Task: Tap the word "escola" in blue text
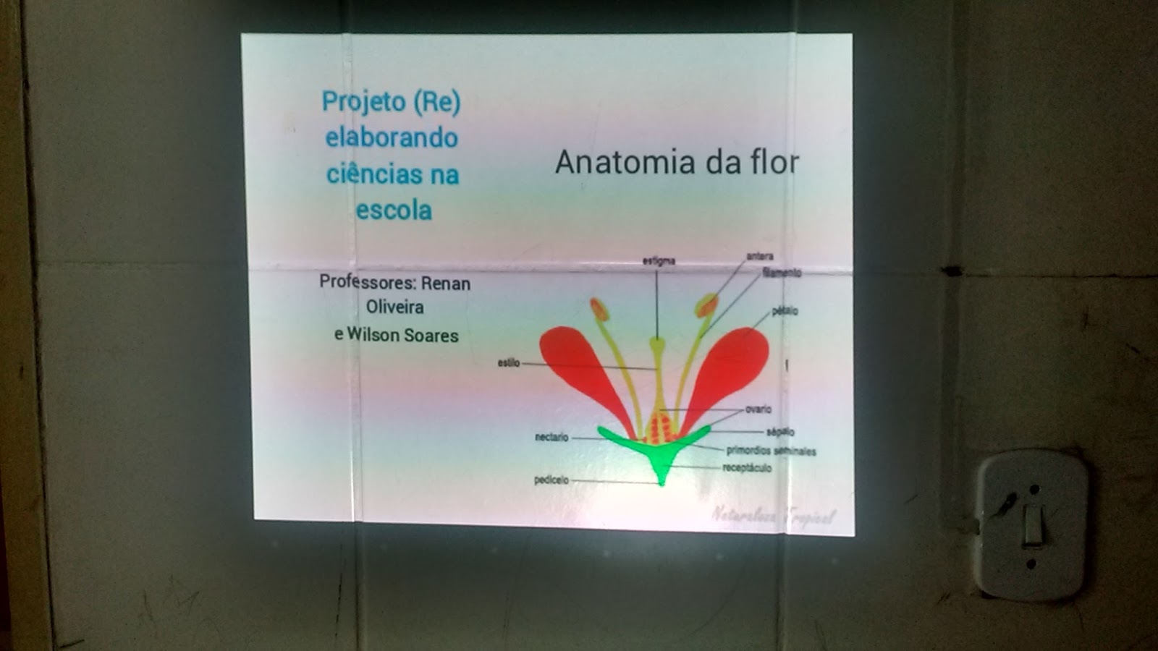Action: click(393, 210)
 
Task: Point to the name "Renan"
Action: click(445, 284)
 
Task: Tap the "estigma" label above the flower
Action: click(659, 261)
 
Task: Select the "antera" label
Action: click(760, 256)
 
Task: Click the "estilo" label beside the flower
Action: click(508, 362)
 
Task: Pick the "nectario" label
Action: click(551, 437)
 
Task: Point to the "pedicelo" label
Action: click(551, 480)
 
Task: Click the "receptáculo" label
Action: click(747, 468)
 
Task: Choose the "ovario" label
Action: click(758, 409)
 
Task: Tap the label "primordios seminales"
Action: click(771, 451)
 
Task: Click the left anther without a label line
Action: click(599, 309)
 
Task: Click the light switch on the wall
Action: click(1032, 524)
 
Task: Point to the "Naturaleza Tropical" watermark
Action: click(773, 516)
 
